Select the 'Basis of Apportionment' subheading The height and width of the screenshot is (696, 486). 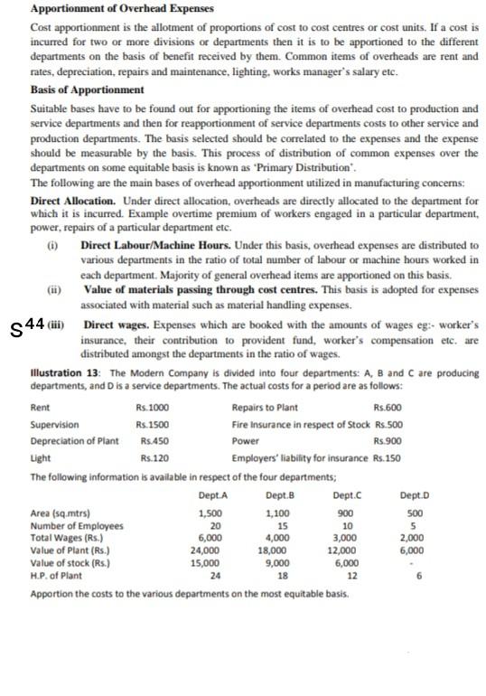pos(87,90)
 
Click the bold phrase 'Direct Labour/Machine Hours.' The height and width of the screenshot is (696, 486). pos(147,246)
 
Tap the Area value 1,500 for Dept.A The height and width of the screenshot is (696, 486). pos(209,513)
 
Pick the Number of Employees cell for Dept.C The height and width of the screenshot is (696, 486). pos(348,525)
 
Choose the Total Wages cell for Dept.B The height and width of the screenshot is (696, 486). pos(279,537)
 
